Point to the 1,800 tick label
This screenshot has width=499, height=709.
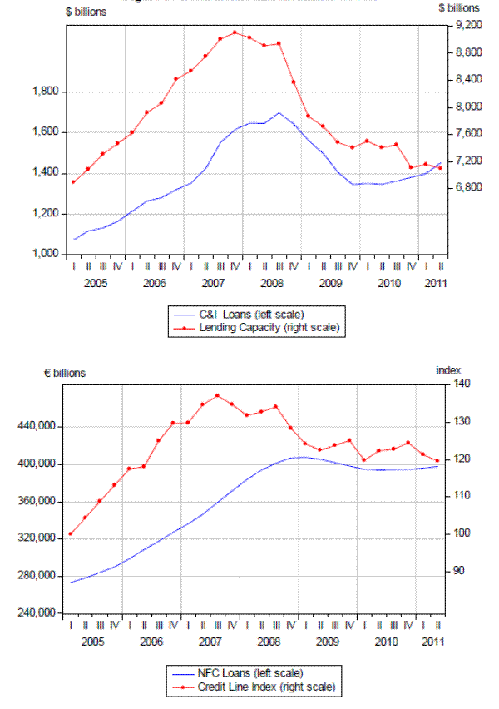coord(42,92)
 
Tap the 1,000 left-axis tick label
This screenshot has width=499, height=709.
coord(42,254)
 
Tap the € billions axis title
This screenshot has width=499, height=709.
coord(64,373)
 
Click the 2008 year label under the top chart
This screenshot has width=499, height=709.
coord(272,283)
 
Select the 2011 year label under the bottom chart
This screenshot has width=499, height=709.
coord(433,642)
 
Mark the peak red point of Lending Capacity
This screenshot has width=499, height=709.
coord(235,32)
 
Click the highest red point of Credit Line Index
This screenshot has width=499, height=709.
coord(217,395)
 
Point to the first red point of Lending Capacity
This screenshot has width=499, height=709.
coord(73,181)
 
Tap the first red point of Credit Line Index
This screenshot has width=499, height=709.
coord(71,533)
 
